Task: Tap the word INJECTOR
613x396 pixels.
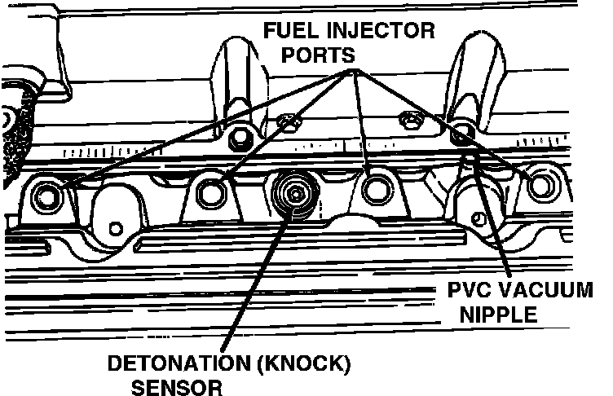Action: click(x=382, y=33)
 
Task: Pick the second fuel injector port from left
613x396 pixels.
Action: click(x=214, y=191)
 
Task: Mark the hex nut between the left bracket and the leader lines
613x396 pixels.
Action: click(x=287, y=122)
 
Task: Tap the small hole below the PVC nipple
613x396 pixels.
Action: click(x=478, y=216)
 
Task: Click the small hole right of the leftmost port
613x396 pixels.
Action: click(x=116, y=226)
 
